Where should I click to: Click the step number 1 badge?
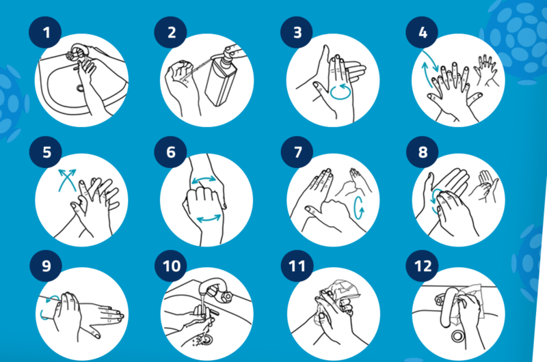(45, 32)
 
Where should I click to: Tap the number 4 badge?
(422, 32)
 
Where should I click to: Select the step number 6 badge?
(170, 152)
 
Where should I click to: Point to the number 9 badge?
(46, 266)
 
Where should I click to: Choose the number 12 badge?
(422, 266)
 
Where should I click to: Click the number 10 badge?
(171, 266)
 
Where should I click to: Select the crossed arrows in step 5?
(67, 180)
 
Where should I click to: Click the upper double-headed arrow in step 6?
(204, 180)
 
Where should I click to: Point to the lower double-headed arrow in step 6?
(209, 219)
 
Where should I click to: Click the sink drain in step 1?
(81, 88)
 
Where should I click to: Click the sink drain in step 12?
(457, 336)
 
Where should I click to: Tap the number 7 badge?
(297, 152)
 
